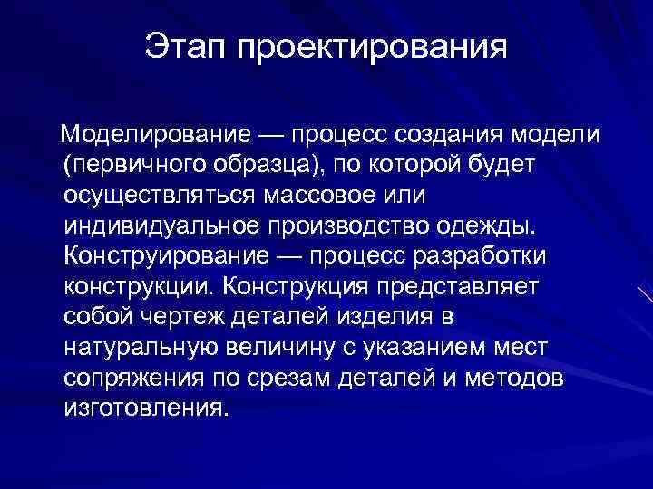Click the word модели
pos(555,135)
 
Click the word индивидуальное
pos(165,226)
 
